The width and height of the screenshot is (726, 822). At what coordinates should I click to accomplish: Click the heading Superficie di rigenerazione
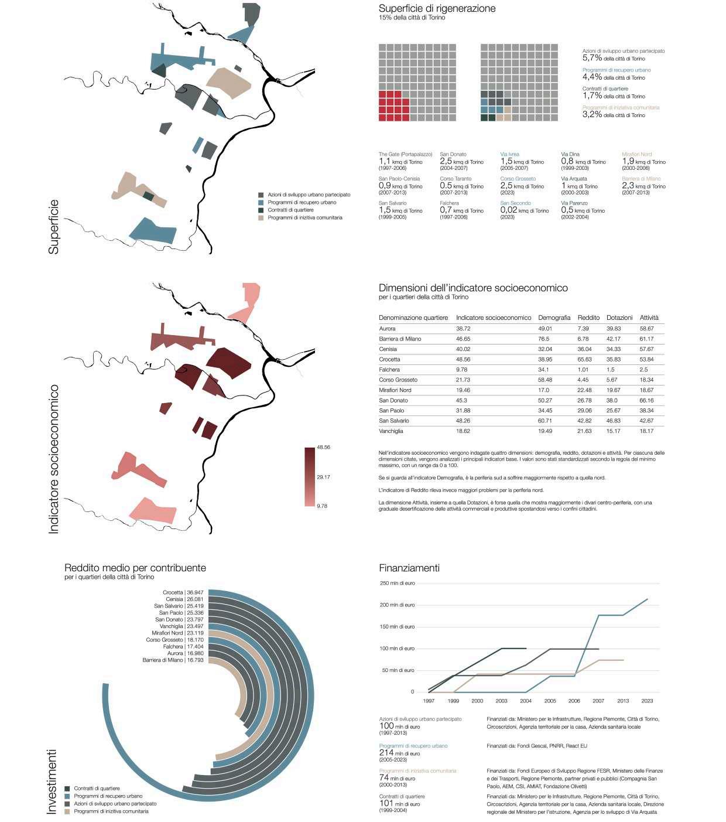click(x=437, y=9)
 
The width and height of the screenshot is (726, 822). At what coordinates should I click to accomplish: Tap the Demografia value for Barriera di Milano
click(x=544, y=339)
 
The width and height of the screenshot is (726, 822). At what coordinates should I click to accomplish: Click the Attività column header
click(x=649, y=318)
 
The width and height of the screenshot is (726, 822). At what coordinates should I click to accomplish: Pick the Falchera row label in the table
click(x=389, y=370)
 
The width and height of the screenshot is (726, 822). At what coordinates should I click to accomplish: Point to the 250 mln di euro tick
click(x=398, y=583)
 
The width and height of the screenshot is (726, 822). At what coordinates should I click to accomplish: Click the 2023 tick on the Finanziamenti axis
click(x=647, y=701)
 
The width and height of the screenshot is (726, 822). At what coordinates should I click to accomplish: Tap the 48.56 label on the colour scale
click(x=323, y=447)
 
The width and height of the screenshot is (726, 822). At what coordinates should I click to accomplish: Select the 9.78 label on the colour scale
click(x=322, y=506)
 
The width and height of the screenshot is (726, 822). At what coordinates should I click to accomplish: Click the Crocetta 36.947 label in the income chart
click(x=183, y=592)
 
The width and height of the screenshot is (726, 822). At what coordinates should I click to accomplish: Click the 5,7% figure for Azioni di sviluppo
click(x=592, y=58)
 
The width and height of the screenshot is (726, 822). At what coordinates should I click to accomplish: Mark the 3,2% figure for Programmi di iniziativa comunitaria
click(x=592, y=114)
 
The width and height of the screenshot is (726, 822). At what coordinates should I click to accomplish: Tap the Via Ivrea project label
click(x=509, y=155)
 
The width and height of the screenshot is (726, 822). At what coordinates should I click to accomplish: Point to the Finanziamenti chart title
click(x=409, y=568)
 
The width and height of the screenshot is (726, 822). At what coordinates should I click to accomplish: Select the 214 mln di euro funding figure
click(x=386, y=752)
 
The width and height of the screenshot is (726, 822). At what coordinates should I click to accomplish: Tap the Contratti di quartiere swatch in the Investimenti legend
click(x=67, y=789)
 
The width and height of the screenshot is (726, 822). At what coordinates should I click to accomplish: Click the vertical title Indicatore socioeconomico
click(x=54, y=459)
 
